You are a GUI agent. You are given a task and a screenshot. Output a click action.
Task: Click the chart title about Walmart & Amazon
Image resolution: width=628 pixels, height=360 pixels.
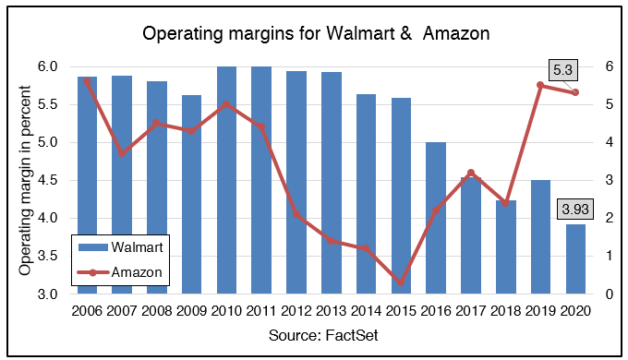pos(314,34)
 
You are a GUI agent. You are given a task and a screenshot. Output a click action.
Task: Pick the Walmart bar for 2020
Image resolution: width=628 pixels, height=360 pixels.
pos(575,259)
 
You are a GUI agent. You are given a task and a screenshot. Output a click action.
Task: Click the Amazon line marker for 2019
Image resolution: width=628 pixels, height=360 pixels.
pos(540,85)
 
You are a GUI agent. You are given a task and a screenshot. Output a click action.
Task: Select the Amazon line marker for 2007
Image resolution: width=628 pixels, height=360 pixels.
pos(123,153)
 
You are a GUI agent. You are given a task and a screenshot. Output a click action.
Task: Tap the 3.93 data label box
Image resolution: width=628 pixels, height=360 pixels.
pos(575,210)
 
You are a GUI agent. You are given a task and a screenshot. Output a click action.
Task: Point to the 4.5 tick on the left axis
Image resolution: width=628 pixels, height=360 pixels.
pos(48,181)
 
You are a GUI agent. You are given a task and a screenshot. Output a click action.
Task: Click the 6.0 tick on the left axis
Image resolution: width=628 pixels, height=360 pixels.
pos(48,66)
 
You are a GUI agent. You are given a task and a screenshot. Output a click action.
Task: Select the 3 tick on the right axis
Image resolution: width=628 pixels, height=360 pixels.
pos(609,181)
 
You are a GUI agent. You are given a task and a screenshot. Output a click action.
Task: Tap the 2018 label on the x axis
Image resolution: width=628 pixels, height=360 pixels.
pos(506,311)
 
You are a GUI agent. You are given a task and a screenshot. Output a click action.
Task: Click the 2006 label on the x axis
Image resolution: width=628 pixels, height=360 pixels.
pos(88,311)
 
